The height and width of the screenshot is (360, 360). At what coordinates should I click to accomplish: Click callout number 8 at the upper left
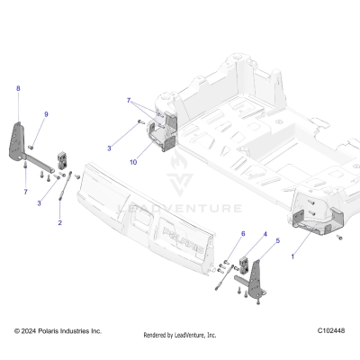coord(17,88)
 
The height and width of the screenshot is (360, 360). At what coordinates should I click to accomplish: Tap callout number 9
coord(46,114)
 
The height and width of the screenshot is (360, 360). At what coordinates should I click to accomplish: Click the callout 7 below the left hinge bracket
coord(26,193)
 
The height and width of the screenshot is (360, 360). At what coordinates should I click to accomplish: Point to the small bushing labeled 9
coord(30,147)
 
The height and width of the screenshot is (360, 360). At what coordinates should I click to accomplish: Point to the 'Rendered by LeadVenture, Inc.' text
coord(180,335)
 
